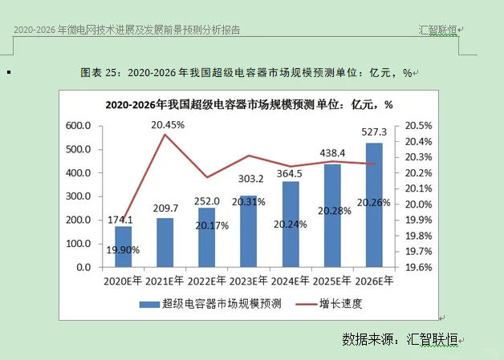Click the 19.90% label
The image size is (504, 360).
123,250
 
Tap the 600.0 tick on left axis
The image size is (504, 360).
78,126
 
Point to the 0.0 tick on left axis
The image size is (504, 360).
83,266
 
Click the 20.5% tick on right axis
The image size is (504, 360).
418,126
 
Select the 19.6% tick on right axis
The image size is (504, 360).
418,266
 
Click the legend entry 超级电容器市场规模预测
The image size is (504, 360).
210,303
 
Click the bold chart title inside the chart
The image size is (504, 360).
249,104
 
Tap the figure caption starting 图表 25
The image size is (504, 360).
246,73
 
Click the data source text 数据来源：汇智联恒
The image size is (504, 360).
398,338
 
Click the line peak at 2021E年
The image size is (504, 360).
165,135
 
